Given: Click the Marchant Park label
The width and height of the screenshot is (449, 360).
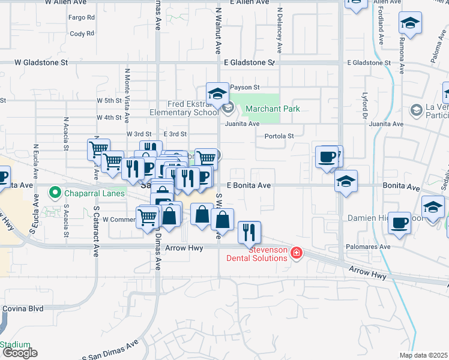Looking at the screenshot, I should (271, 109).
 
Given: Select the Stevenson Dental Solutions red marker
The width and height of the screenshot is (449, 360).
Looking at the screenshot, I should (295, 254).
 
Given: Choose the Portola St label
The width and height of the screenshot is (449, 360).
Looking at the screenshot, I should (279, 136).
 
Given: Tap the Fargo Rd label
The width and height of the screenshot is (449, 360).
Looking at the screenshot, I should (82, 17).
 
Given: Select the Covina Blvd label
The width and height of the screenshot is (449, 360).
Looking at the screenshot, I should (23, 308).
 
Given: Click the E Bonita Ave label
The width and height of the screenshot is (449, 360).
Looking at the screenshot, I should (249, 185).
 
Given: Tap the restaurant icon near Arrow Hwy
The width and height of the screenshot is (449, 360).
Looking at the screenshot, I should (249, 232).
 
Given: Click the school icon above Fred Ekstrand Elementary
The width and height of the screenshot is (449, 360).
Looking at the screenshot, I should (217, 92).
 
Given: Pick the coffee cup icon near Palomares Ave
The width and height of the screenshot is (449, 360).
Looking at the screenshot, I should (400, 223).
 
